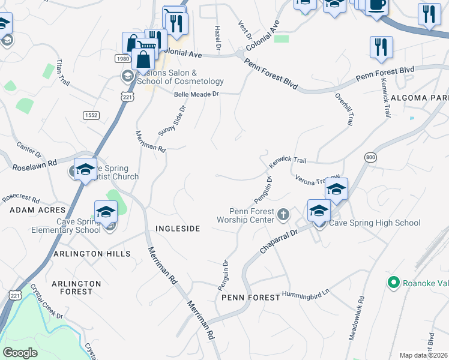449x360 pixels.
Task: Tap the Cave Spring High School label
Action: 376,223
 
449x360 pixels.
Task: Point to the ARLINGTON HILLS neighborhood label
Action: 92,254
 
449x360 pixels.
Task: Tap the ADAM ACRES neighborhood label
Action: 37,210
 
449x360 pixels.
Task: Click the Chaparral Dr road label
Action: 279,240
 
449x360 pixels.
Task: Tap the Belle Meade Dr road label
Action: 197,94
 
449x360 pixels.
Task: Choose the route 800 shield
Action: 370,157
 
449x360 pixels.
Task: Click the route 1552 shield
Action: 91,115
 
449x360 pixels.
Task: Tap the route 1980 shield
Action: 123,58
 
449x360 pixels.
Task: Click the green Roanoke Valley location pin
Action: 394,281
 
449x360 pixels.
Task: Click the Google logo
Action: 20,353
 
